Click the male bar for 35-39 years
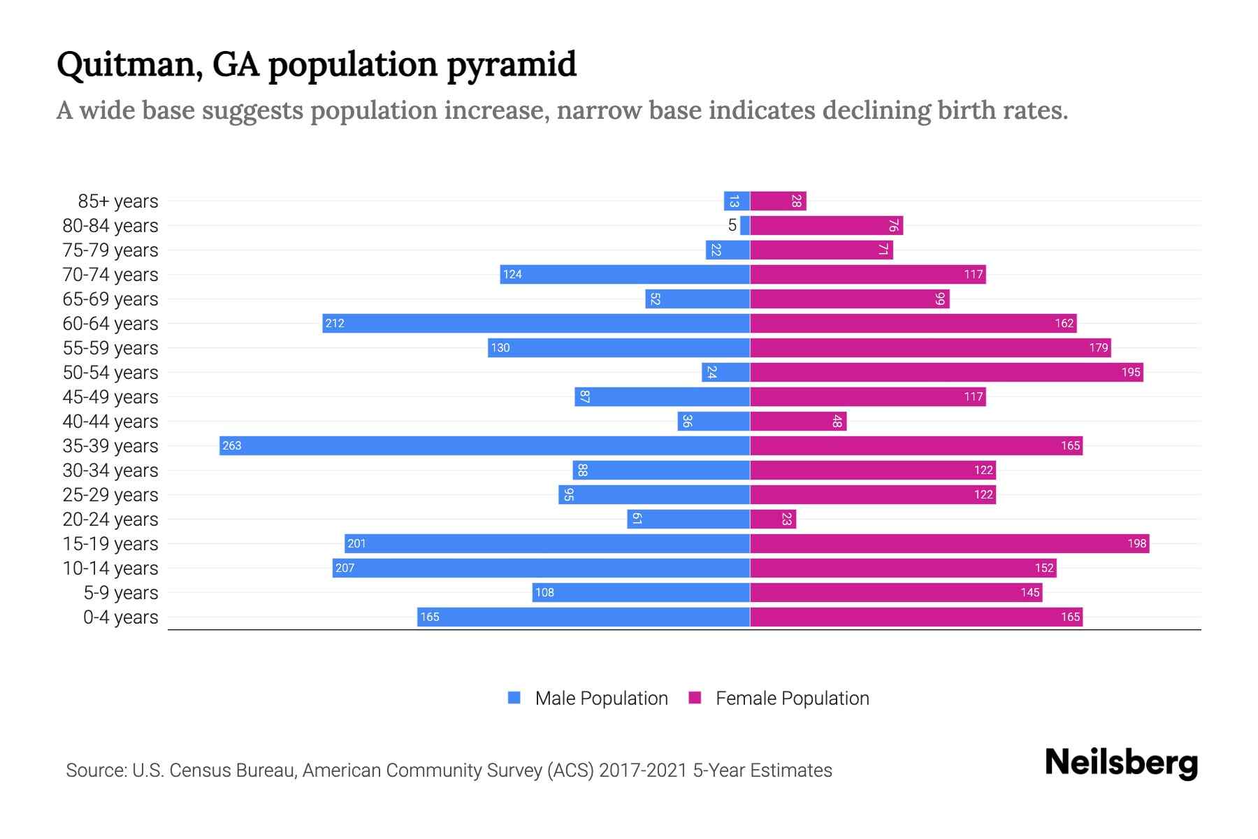[x=484, y=445]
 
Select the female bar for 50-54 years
[x=946, y=372]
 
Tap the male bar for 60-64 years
[x=536, y=323]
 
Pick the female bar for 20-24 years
[x=773, y=519]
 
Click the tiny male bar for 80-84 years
[x=745, y=225]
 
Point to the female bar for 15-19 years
[x=949, y=543]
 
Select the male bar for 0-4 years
[x=584, y=617]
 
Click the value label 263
[x=232, y=445]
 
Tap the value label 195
[x=1131, y=372]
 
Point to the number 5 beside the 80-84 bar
[x=732, y=225]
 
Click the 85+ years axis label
[x=118, y=201]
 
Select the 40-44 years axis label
[x=110, y=422]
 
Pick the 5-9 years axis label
[x=121, y=593]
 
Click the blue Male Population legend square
[x=514, y=698]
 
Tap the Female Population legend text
[x=792, y=698]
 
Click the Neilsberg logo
[x=1121, y=763]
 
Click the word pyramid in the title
[x=511, y=65]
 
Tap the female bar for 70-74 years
[x=867, y=274]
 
